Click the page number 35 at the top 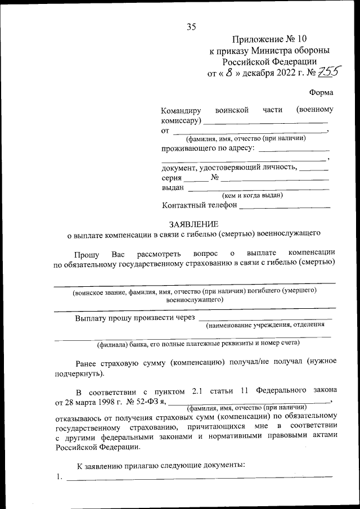191,26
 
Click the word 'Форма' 321,92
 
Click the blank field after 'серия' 196,180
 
